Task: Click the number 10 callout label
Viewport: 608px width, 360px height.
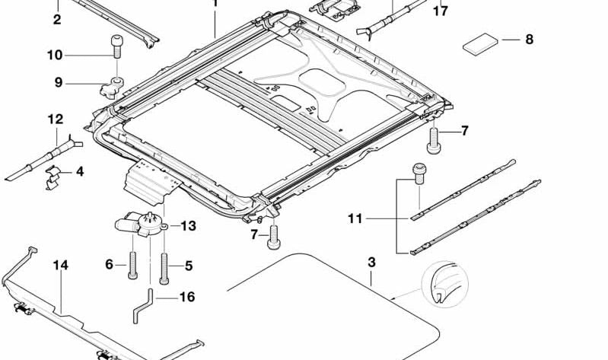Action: click(x=54, y=55)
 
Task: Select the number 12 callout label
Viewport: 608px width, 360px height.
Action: click(x=55, y=119)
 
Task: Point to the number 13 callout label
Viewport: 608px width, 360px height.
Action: click(x=188, y=226)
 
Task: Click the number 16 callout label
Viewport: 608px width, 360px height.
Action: click(x=187, y=297)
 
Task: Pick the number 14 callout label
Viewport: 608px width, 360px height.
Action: click(x=61, y=265)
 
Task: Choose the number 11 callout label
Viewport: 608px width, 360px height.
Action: click(x=355, y=219)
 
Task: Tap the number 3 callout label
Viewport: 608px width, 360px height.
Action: click(x=371, y=263)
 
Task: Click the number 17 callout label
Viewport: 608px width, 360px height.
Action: click(x=440, y=11)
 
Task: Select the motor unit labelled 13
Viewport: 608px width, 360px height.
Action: click(x=138, y=223)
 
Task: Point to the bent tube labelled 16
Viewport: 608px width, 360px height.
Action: click(x=147, y=297)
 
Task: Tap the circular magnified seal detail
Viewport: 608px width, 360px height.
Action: click(x=444, y=285)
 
